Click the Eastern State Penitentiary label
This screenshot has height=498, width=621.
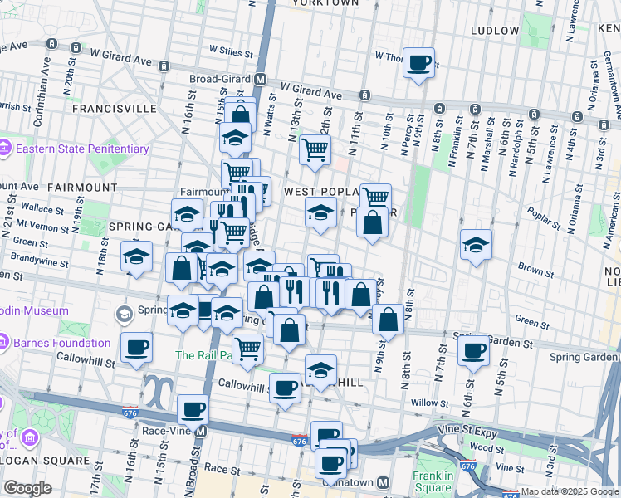click(x=81, y=149)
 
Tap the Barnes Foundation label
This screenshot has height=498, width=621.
click(x=62, y=343)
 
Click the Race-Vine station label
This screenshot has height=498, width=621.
click(x=169, y=431)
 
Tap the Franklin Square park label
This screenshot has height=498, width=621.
click(x=434, y=481)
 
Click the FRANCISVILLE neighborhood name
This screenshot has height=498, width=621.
click(x=115, y=109)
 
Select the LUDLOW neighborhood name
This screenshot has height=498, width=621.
click(x=494, y=31)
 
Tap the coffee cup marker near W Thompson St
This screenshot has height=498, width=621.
click(x=418, y=62)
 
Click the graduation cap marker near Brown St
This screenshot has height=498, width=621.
click(x=476, y=245)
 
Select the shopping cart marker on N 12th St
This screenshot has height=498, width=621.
click(x=315, y=149)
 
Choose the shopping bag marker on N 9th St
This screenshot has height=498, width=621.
click(x=388, y=318)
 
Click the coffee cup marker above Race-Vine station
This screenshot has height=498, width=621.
click(x=193, y=409)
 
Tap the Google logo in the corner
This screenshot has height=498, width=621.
click(x=27, y=488)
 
